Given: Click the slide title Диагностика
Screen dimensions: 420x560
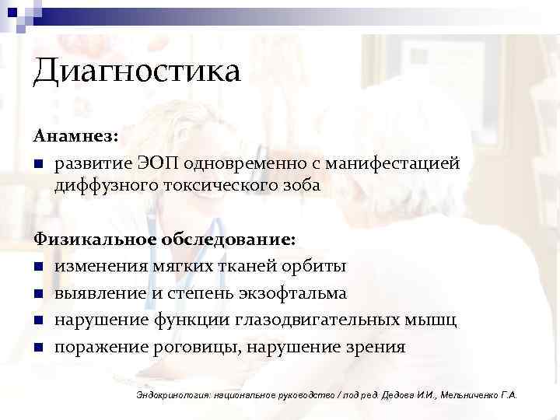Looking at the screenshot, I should pyautogui.click(x=137, y=73).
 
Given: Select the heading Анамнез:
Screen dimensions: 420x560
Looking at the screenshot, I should pyautogui.click(x=75, y=135).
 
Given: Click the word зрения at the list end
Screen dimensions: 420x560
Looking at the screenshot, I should pyautogui.click(x=376, y=347).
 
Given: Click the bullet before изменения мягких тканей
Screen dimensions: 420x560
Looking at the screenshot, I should pyautogui.click(x=38, y=267).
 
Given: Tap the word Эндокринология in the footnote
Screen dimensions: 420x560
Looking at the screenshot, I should pyautogui.click(x=170, y=395).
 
